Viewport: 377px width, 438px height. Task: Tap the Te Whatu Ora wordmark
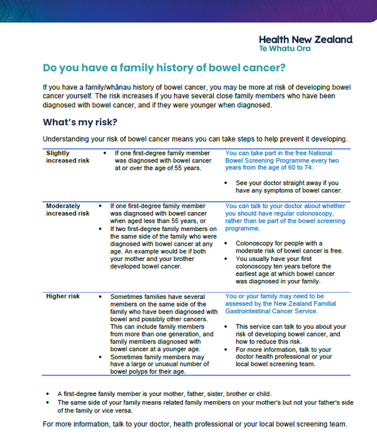pos(285,49)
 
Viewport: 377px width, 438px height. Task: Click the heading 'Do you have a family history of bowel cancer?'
pos(164,67)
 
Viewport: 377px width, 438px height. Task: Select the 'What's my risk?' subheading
pos(80,122)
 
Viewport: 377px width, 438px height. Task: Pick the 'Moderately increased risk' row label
pos(68,209)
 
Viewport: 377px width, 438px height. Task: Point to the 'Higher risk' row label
pos(63,296)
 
